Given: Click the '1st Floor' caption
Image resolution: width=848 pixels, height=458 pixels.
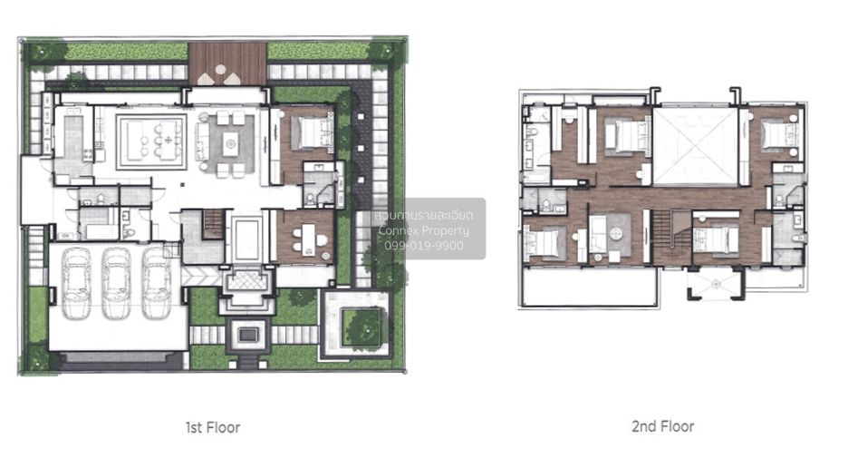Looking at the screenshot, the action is coord(213,427).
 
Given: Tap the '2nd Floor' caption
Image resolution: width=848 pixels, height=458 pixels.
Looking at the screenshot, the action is coord(662,426).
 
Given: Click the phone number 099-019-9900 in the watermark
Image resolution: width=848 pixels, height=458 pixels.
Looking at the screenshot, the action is coord(424,245).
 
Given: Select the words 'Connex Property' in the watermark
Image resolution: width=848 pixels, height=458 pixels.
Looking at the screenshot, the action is coord(424,230).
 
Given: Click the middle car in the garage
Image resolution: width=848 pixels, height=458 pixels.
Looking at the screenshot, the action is coord(116,283).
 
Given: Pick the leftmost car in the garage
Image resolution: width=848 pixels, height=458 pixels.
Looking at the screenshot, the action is coord(76,283).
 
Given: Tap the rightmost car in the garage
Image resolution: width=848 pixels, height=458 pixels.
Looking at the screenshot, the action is coord(157,283).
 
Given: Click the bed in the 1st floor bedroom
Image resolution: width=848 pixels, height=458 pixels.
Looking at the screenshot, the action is coord(312,132).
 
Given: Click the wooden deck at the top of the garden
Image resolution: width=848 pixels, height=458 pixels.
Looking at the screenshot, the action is coord(227,63).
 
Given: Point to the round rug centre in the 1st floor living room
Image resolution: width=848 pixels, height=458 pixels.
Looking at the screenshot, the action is coord(231,144).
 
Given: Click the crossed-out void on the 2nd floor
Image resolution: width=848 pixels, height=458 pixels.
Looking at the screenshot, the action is coord(695,146).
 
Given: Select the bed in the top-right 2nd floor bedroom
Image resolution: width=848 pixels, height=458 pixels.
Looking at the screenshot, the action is coord(779,133).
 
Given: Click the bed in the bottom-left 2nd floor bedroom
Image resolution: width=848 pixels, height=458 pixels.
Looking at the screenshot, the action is coord(545,241).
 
